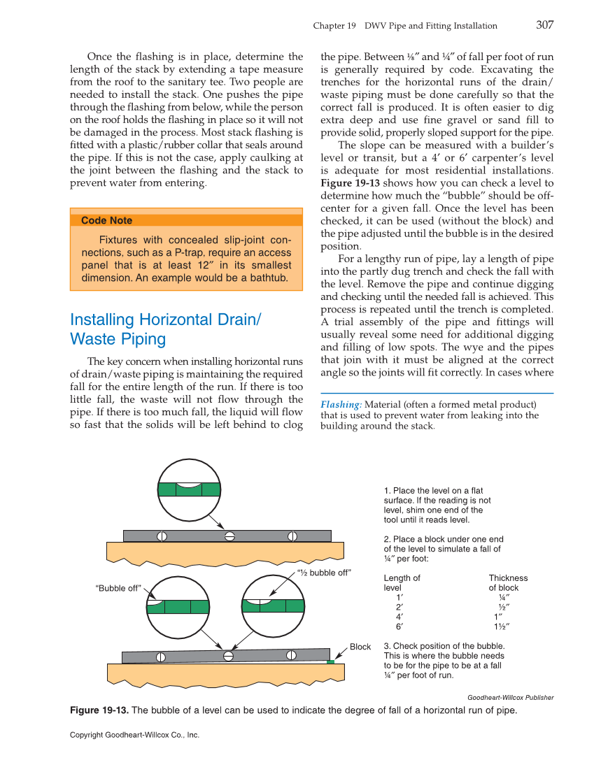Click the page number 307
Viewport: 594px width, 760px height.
point(544,25)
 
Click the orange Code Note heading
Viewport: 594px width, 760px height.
point(106,220)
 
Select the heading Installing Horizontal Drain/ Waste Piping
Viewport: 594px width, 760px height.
point(165,329)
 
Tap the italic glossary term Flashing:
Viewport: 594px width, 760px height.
point(341,404)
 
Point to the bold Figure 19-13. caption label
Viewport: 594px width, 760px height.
point(99,710)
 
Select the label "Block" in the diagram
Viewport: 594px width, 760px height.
point(360,647)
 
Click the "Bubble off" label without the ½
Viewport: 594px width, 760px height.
point(118,588)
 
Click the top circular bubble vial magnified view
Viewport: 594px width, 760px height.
point(189,489)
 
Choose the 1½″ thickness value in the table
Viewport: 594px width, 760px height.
point(502,627)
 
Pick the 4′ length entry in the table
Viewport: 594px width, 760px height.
point(399,617)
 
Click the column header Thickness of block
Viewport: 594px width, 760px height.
point(507,583)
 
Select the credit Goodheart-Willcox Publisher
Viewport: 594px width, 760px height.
point(510,697)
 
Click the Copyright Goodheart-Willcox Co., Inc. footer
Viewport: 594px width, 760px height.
point(134,735)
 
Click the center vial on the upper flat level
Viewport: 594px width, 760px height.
point(228,536)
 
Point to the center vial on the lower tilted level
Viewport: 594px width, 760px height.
point(227,656)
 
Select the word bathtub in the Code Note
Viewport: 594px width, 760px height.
point(263,278)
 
